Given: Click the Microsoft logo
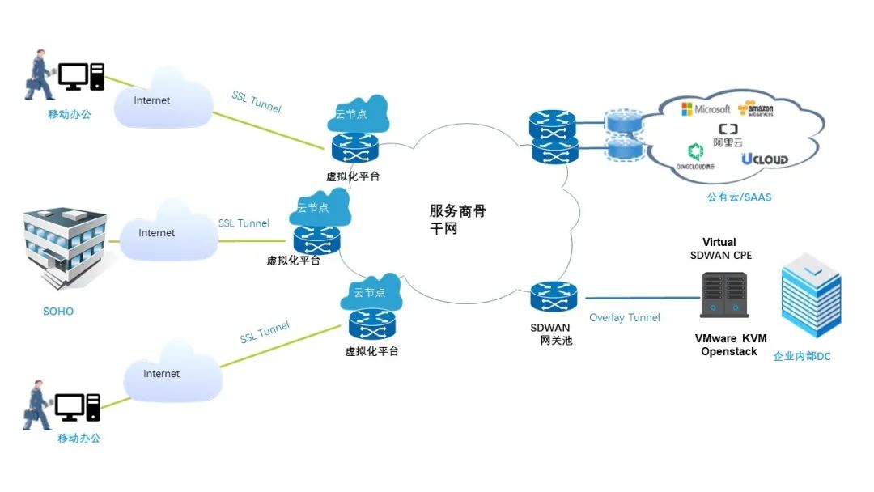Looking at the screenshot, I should pyautogui.click(x=705, y=109).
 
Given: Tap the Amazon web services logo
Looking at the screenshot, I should pyautogui.click(x=756, y=109).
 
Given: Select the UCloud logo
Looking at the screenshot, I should pyautogui.click(x=764, y=159).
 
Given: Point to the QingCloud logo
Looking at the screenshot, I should pyautogui.click(x=696, y=155).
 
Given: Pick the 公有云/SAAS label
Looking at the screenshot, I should pyautogui.click(x=739, y=197).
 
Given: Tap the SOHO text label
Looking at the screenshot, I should pyautogui.click(x=58, y=312).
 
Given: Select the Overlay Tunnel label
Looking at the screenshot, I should pyautogui.click(x=624, y=318).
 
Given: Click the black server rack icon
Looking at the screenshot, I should pyautogui.click(x=724, y=295).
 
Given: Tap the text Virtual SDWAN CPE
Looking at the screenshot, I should pyautogui.click(x=720, y=249).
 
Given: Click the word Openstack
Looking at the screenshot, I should pyautogui.click(x=729, y=352).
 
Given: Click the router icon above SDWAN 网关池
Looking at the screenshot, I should pyautogui.click(x=554, y=297).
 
